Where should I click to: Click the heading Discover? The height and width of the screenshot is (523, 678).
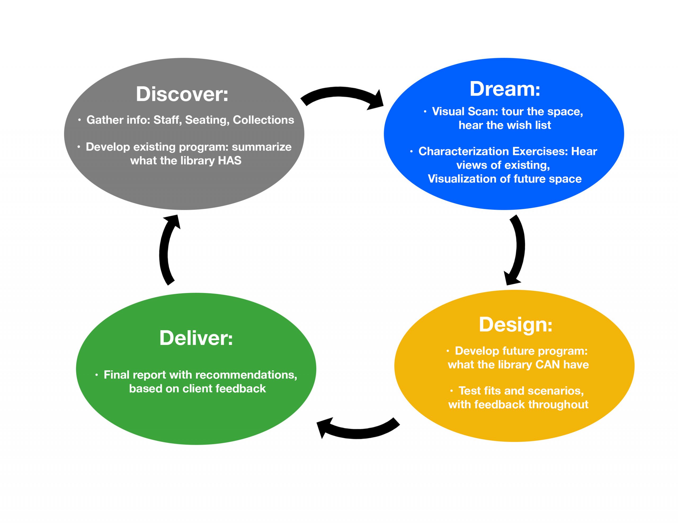[182, 94]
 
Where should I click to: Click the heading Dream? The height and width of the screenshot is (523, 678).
[505, 89]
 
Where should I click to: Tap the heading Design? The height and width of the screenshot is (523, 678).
[516, 325]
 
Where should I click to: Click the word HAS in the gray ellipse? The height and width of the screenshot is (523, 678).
[230, 161]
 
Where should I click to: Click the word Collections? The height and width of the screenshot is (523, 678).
[263, 120]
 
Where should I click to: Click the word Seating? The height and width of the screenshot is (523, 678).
[207, 120]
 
